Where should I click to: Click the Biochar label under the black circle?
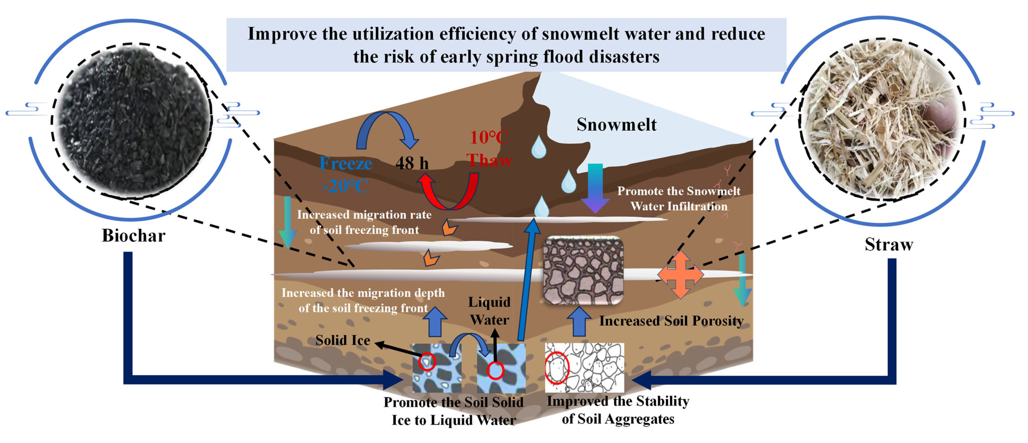pos(133,235)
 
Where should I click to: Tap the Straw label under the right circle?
pos(889,245)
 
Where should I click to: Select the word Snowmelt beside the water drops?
pos(616,125)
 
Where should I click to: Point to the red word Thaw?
pos(489,160)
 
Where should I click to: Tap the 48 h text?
pos(412,163)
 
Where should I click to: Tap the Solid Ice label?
pos(342,340)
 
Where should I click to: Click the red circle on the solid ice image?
pos(427,361)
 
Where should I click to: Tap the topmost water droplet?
pos(539,147)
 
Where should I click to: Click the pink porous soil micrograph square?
pos(583,270)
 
